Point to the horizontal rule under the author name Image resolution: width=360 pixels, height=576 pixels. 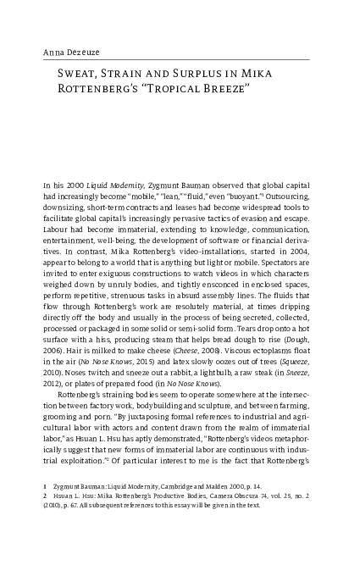coord(180,60)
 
